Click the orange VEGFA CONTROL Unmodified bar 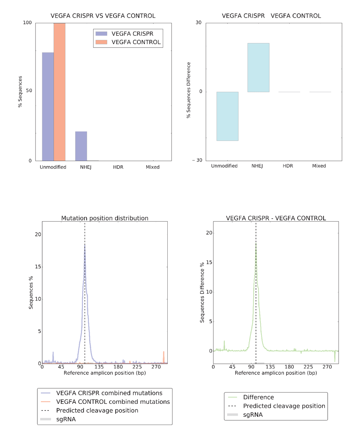click(x=59, y=92)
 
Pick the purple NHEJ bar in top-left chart click(x=81, y=146)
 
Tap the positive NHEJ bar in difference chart click(x=258, y=68)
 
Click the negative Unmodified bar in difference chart click(x=227, y=116)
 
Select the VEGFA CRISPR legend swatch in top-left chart click(x=101, y=34)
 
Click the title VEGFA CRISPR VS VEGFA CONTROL click(x=103, y=16)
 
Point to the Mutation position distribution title click(x=105, y=218)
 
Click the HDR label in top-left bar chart click(x=118, y=167)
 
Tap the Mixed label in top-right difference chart click(x=319, y=166)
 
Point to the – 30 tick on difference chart click(x=197, y=160)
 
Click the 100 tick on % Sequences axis click(x=27, y=23)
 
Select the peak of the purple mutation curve click(x=85, y=245)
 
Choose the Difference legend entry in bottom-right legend click(x=258, y=397)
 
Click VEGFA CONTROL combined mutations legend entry click(x=113, y=402)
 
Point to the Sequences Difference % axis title click(x=202, y=292)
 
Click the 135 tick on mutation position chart click(x=99, y=367)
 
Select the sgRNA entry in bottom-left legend click(x=66, y=419)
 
